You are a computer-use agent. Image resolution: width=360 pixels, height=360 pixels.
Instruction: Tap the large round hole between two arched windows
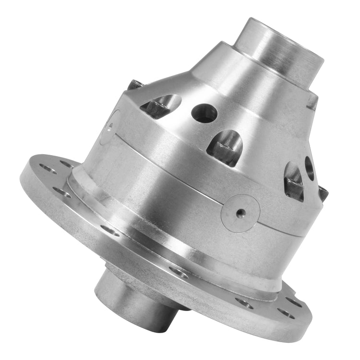coord(204,113)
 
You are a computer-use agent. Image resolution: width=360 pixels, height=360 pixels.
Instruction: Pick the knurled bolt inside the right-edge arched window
coord(294,180)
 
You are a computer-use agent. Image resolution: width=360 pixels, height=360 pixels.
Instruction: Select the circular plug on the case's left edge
coord(109,127)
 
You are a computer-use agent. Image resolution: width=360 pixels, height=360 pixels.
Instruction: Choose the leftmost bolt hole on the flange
coord(47,168)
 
